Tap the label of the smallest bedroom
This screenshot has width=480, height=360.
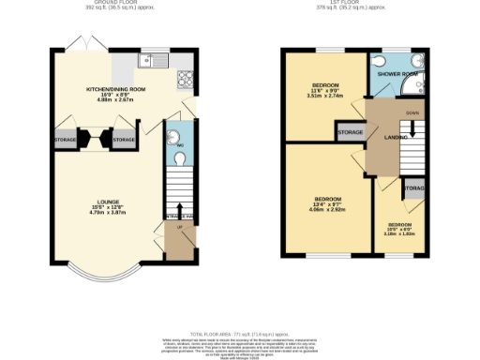(401, 225)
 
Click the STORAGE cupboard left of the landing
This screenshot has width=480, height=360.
(350, 133)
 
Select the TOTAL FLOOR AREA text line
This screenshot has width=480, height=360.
(239, 334)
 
